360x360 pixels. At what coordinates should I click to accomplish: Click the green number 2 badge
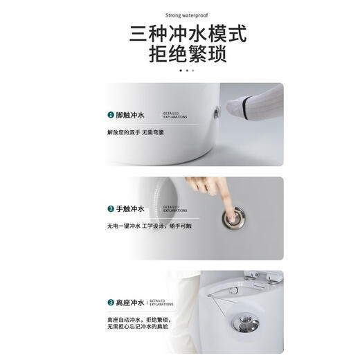tap(110, 208)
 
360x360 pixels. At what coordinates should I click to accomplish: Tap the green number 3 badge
tap(110, 302)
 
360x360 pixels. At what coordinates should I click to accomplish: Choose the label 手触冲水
tap(130, 208)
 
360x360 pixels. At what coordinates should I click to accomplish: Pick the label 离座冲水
tap(130, 302)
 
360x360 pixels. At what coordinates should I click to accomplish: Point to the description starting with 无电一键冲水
tap(149, 226)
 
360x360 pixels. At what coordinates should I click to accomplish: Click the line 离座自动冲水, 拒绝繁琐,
tap(139, 319)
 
